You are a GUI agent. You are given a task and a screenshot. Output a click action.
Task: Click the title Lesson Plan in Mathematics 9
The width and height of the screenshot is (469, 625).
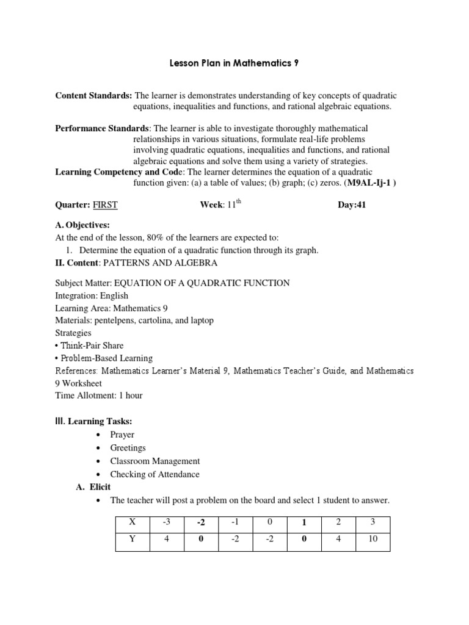click(234, 63)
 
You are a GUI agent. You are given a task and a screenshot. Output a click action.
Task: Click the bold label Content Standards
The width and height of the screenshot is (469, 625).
click(93, 96)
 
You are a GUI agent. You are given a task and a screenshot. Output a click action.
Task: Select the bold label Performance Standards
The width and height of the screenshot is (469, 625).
click(102, 129)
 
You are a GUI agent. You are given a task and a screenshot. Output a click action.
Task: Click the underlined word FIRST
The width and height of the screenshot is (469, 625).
click(105, 205)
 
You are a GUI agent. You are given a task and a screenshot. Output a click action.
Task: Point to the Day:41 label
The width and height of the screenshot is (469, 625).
click(352, 205)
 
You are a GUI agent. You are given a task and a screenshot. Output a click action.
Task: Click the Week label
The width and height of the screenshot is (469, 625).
click(211, 205)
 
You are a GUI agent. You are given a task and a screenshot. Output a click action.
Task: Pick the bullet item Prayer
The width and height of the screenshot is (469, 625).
click(122, 435)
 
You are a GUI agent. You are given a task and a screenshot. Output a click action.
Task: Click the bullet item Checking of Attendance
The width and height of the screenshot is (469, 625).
click(155, 474)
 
